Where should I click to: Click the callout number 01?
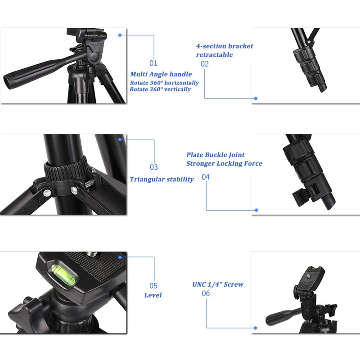153,63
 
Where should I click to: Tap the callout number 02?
205,64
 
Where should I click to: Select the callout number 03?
154,167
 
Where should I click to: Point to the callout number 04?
206,177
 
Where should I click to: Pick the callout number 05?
153,286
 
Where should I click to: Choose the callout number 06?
206,293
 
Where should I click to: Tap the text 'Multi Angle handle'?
161,74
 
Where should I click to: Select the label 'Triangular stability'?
162,180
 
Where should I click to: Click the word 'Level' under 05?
153,296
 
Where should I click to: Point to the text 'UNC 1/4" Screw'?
218,284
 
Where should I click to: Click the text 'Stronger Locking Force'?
224,164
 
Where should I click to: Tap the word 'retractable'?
214,55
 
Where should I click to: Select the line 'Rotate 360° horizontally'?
164,83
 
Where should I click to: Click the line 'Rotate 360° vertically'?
160,90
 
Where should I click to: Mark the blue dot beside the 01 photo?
120,35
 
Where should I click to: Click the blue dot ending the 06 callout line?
255,328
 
